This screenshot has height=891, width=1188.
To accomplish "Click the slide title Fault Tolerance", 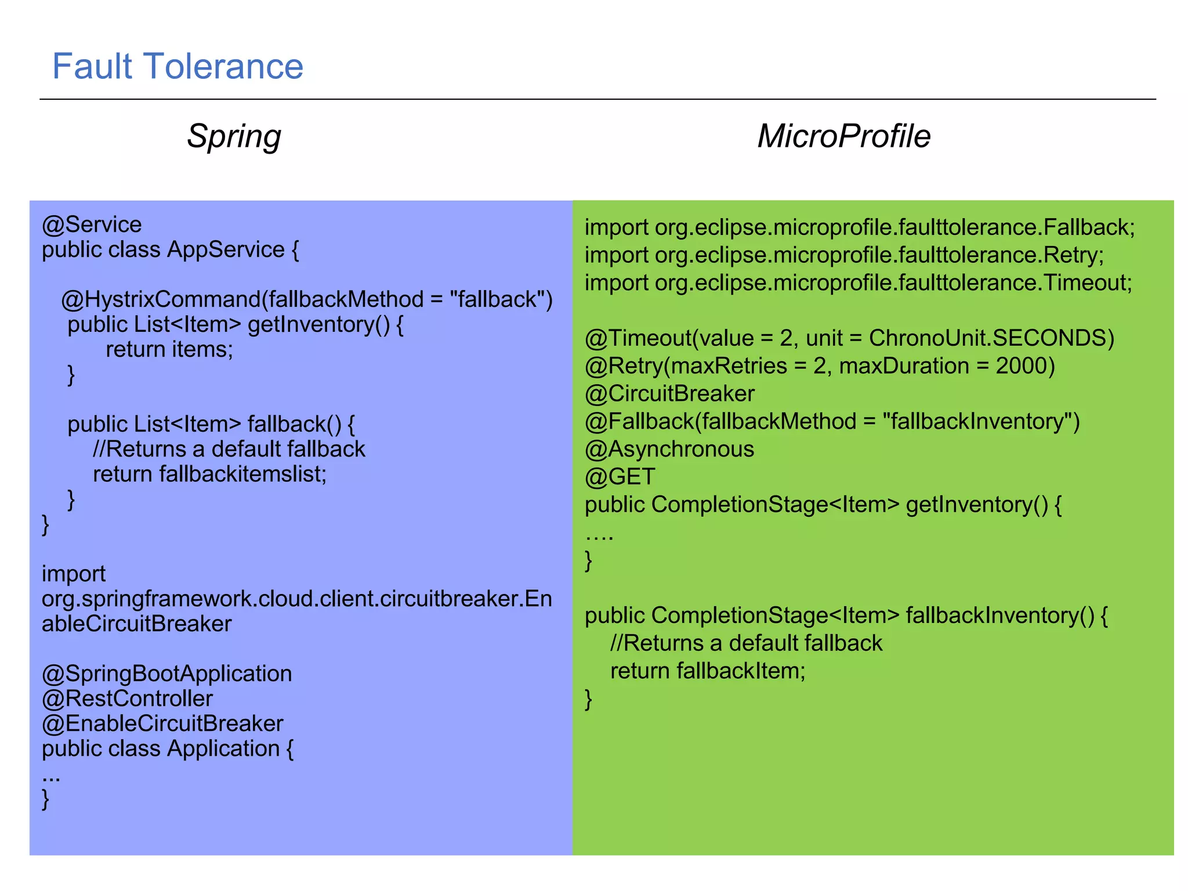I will point(178,66).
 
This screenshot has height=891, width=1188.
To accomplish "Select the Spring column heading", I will point(234,136).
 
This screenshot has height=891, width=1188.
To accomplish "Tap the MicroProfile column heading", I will point(843,136).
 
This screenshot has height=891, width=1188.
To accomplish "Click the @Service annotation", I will point(92,224).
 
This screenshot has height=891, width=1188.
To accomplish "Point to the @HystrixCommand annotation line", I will point(307,299).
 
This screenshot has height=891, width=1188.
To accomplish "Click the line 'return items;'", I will point(169,349).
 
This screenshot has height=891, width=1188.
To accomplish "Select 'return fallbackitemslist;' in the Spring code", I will point(209,474).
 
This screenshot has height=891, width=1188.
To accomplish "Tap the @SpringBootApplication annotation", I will point(166,673).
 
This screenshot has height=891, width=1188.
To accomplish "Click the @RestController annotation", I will point(127,698).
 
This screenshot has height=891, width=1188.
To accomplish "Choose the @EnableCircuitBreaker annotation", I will point(162,723).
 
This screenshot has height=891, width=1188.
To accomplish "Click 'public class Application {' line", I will point(168,748).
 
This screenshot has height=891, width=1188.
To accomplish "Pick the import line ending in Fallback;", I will point(859,227).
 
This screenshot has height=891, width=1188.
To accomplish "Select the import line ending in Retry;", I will point(844,255).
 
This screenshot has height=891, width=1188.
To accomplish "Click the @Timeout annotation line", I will point(849,338).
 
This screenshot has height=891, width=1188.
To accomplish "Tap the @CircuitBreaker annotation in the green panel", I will point(669,394).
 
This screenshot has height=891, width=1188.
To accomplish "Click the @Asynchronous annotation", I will point(669,449).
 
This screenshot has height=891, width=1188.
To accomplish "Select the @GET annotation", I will point(620,477).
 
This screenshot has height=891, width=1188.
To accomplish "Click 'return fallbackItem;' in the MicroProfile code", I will point(708,671).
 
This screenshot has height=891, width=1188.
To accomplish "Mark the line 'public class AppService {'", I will point(170,249).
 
